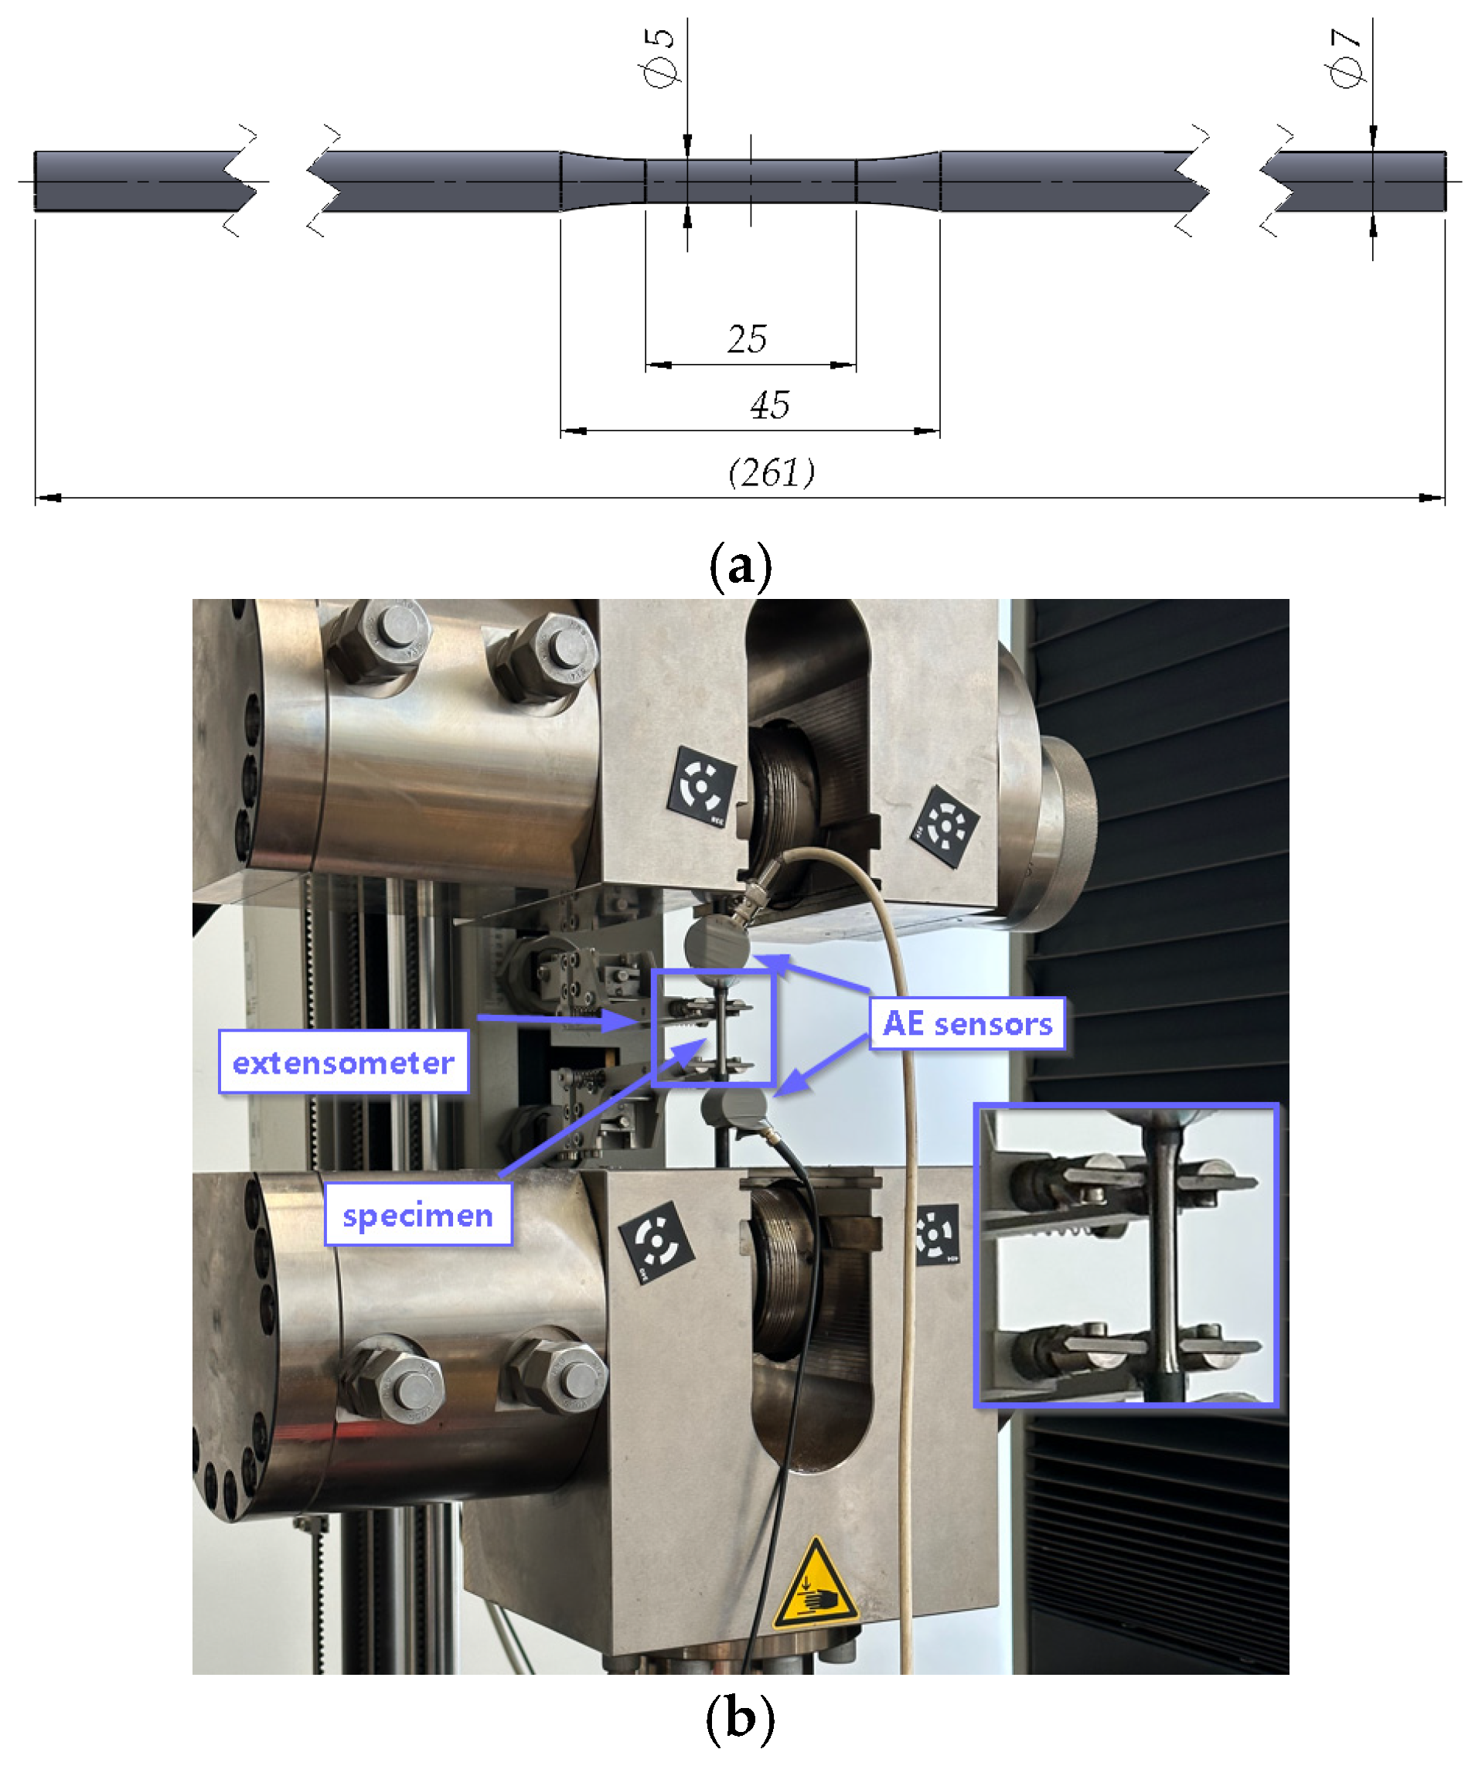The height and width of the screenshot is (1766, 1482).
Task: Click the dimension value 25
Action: [x=746, y=339]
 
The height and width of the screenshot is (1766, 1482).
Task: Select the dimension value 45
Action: [x=768, y=405]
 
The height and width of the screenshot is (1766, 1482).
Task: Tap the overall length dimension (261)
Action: [x=772, y=473]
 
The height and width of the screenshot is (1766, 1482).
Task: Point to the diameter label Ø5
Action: [x=661, y=57]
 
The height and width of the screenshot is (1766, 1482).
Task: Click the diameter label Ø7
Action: [x=1346, y=57]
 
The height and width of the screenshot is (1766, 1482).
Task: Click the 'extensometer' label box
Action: [x=343, y=1062]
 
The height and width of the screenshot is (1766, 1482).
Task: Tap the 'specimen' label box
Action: [x=418, y=1214]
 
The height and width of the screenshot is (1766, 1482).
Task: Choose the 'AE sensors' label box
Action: [x=967, y=1023]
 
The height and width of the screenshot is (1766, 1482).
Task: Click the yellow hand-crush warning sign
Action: [x=814, y=1585]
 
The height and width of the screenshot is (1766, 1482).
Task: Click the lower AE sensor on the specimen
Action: [x=734, y=1108]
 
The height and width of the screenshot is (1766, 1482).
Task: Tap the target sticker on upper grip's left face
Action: [x=702, y=786]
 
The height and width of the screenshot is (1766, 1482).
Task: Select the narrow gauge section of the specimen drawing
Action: [x=750, y=181]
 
